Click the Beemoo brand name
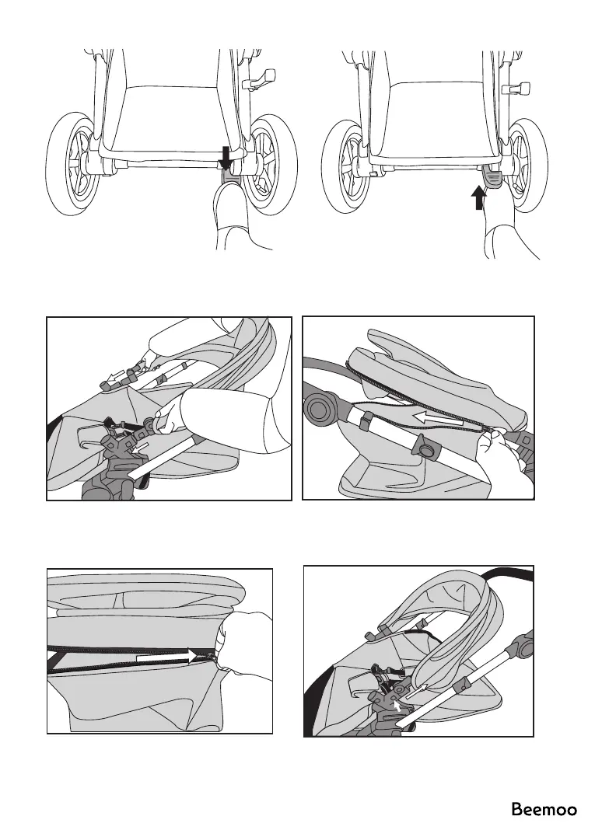click(544, 810)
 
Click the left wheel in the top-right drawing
click(347, 167)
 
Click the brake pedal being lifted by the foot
click(491, 176)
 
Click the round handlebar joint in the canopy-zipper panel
click(320, 408)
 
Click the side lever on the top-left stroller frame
click(261, 78)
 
